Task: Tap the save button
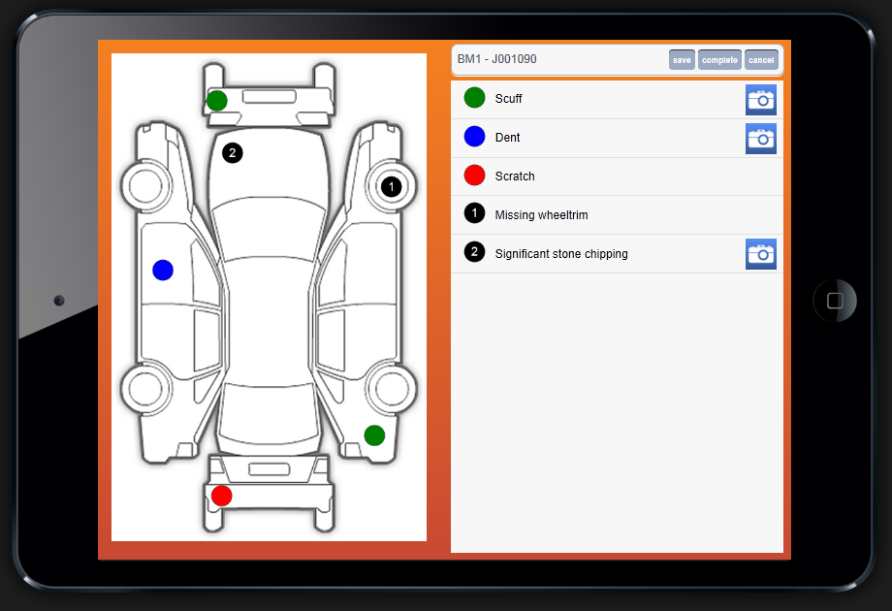pos(682,60)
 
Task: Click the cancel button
pos(761,60)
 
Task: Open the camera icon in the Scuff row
pos(761,100)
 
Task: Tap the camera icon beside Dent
pos(761,139)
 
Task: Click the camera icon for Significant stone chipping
pos(761,254)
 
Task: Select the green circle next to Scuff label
pos(474,98)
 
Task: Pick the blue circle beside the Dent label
pos(474,137)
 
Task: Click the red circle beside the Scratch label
pos(474,176)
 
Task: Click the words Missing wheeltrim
pos(542,215)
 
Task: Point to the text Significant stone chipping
pos(561,254)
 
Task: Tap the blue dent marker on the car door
pos(163,270)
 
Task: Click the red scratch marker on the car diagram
pos(221,496)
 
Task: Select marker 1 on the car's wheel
pos(391,186)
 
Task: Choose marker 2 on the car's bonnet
pos(232,152)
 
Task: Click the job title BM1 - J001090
pos(496,59)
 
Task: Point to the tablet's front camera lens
pos(59,301)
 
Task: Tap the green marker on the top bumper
pos(217,101)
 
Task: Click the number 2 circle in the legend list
pos(474,252)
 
